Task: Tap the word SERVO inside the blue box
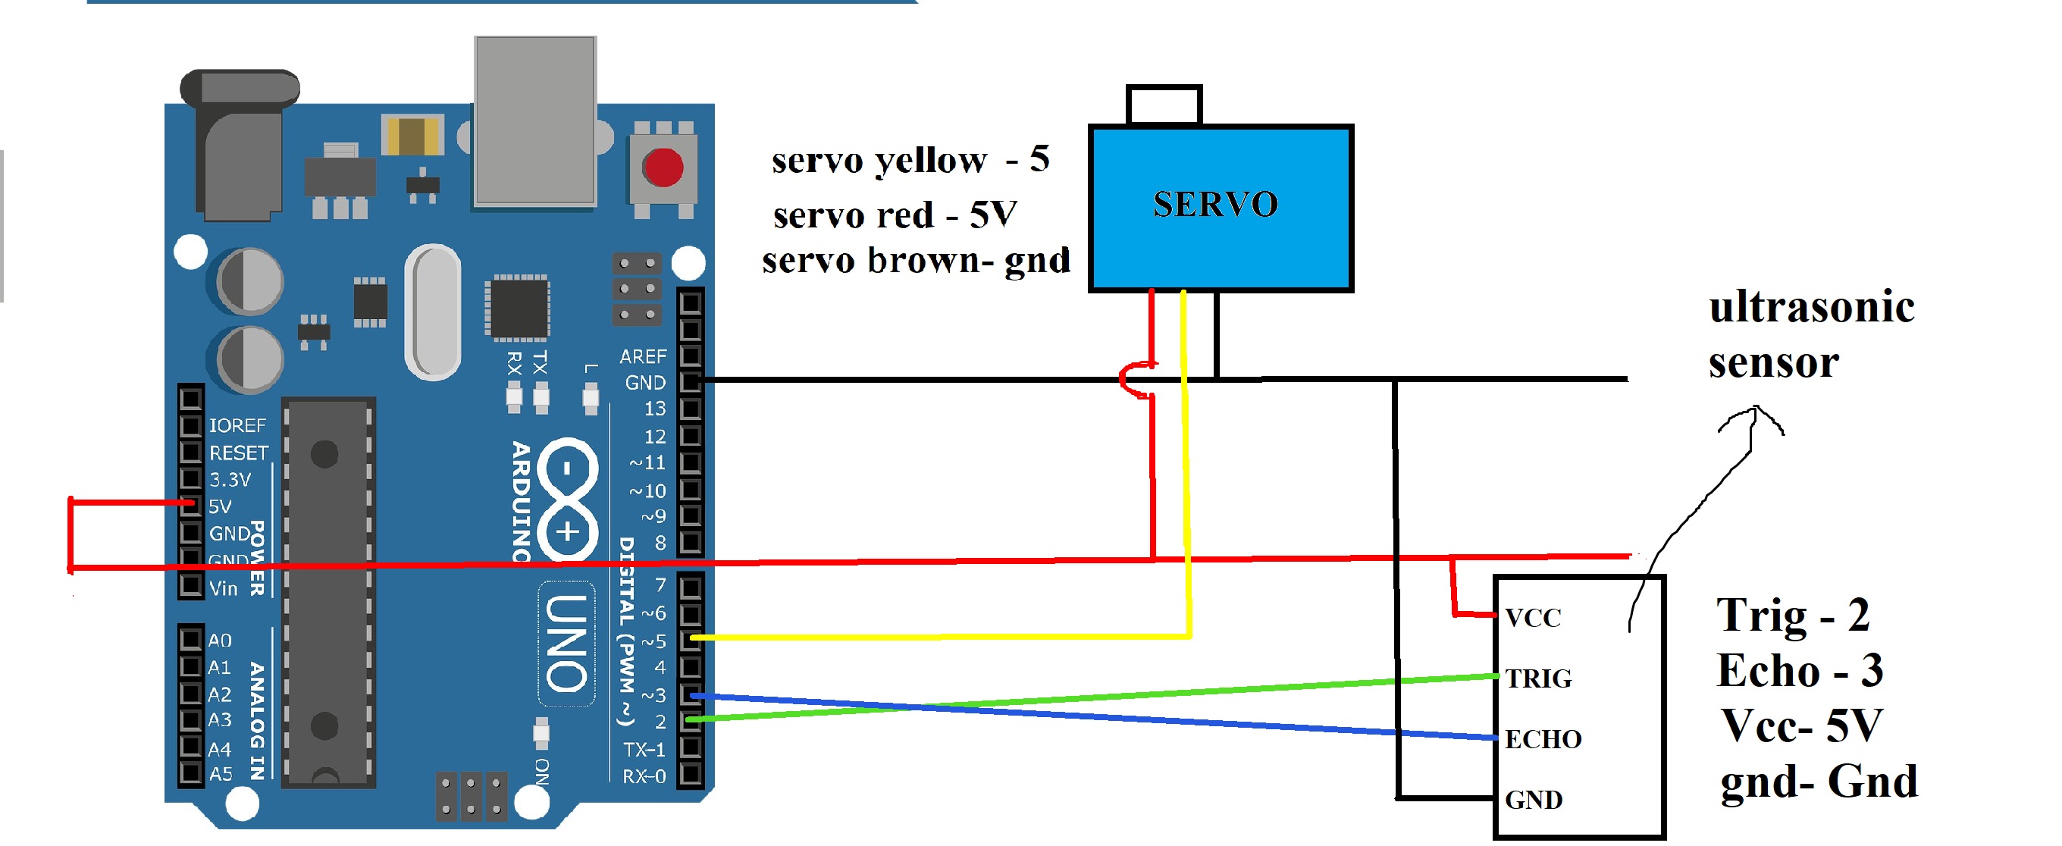point(1215,205)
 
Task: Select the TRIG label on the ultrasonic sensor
point(1537,678)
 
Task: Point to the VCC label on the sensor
point(1532,618)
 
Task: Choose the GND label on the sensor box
point(1533,800)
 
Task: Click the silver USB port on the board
point(534,120)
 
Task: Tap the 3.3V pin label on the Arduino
point(230,480)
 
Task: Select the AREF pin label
point(643,356)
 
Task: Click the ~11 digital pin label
point(647,462)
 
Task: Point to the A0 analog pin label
point(219,641)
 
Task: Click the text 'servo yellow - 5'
point(910,160)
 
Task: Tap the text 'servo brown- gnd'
point(916,261)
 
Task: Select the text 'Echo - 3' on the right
point(1800,671)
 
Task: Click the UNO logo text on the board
point(567,643)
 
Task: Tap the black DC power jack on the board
point(240,148)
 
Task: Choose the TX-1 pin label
point(644,750)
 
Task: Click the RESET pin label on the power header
point(239,453)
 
